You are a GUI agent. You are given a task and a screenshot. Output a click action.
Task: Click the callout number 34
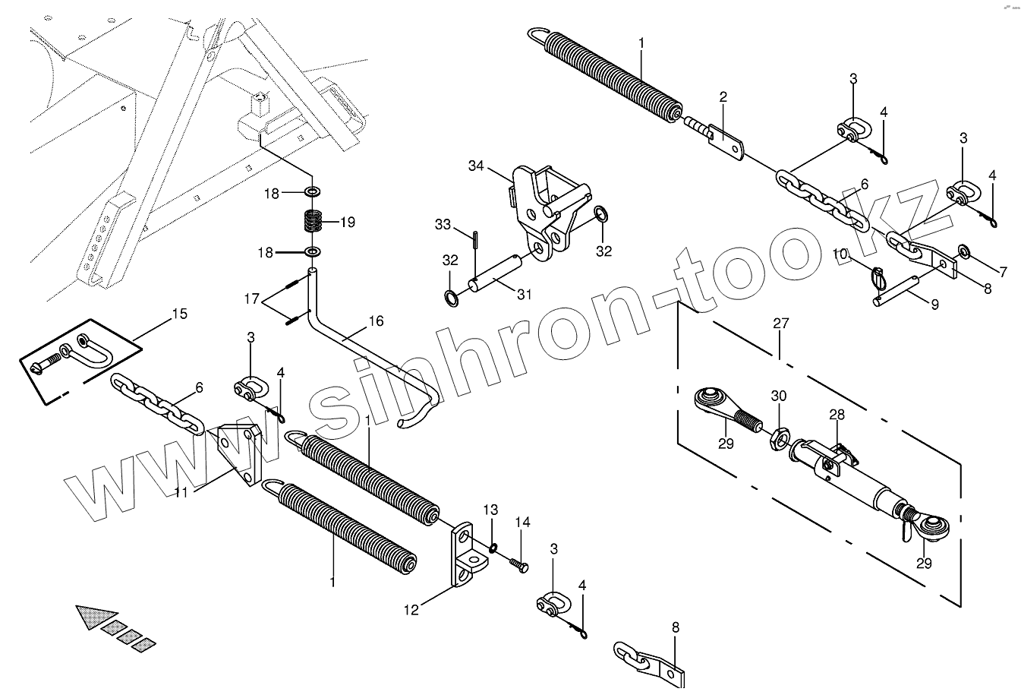click(476, 165)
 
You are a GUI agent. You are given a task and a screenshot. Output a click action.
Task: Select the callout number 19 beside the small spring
click(347, 223)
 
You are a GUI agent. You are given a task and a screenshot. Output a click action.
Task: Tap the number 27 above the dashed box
click(781, 324)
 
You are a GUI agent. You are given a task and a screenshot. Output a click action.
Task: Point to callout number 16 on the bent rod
click(377, 321)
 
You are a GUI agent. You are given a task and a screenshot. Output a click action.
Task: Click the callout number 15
click(179, 314)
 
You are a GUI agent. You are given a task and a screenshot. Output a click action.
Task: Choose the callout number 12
click(411, 609)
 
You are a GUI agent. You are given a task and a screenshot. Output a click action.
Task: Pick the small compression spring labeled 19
click(312, 222)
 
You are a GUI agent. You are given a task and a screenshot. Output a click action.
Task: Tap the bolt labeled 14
click(518, 565)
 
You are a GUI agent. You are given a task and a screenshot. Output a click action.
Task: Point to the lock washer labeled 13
click(493, 548)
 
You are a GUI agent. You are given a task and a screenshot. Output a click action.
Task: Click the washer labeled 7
click(964, 250)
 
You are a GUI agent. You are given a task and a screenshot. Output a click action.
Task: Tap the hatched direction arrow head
click(95, 617)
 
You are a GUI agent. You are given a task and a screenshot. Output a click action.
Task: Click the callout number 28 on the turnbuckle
click(837, 415)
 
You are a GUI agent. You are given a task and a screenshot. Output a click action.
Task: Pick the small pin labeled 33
click(474, 238)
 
